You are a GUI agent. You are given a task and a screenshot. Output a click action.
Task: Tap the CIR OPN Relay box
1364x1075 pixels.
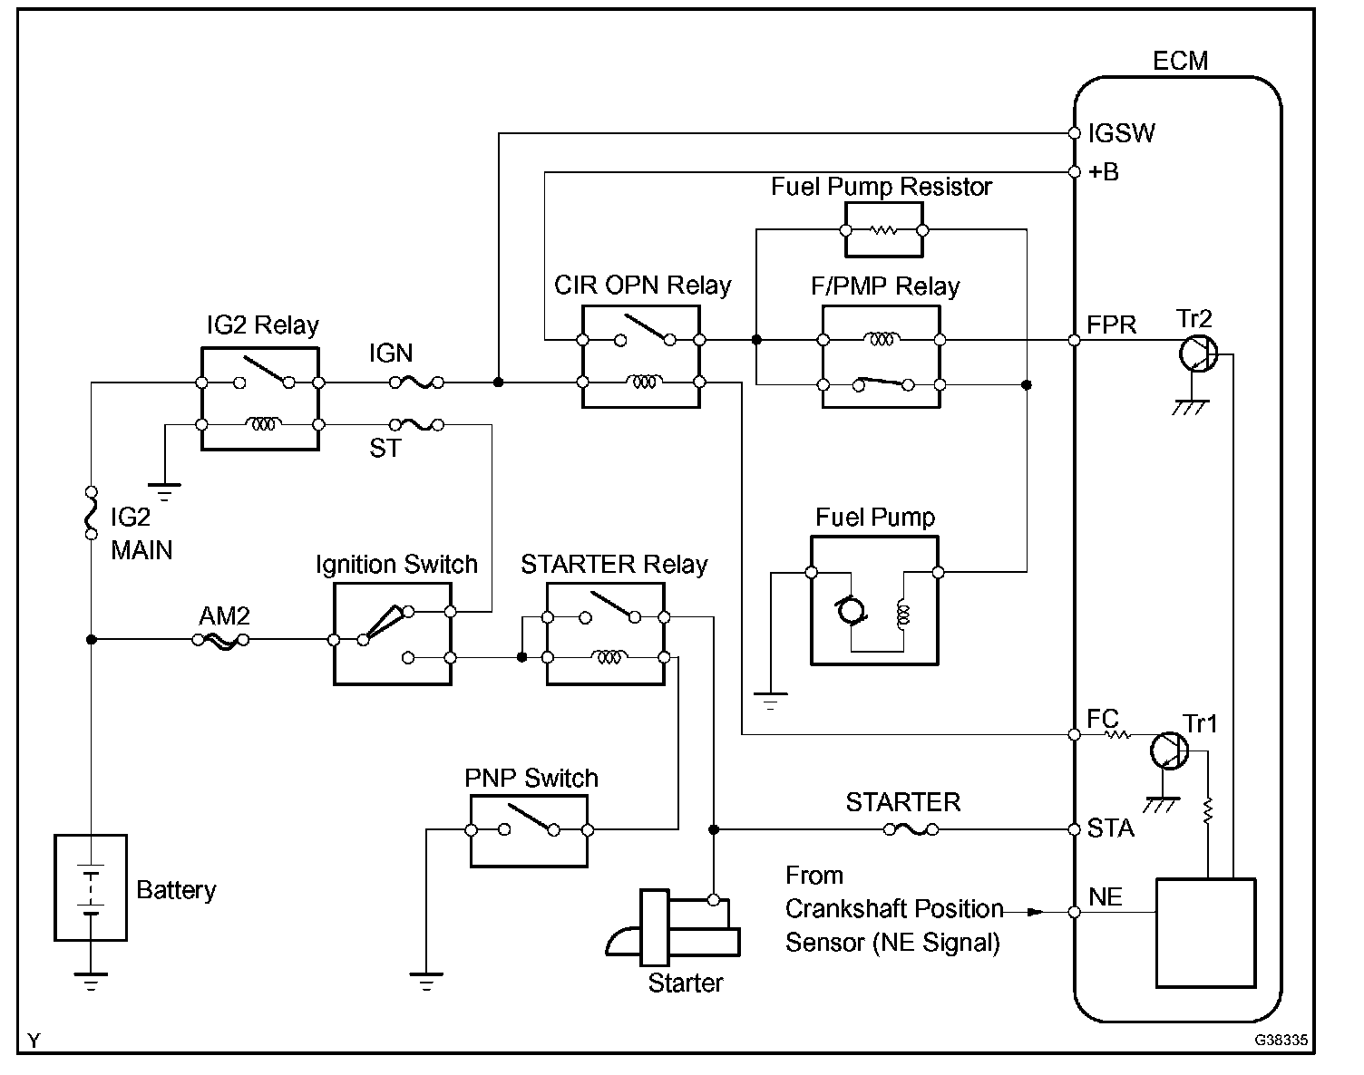pos(640,357)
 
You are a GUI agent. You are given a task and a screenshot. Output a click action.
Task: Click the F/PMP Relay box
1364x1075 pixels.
pos(881,357)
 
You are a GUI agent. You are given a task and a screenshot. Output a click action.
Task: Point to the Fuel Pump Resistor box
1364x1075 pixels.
pos(884,230)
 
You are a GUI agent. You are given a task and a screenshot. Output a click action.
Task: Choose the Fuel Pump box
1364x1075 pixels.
pos(874,599)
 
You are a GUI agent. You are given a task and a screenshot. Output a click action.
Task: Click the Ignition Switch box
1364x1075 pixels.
pos(393,634)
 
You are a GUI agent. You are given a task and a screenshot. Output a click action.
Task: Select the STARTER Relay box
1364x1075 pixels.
pos(606,634)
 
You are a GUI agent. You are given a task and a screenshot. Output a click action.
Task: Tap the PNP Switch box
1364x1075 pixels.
pos(529,830)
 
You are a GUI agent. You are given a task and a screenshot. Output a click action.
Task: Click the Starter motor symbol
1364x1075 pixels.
pos(675,928)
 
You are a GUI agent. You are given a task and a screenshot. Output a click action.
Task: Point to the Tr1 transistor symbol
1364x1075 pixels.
pos(1168,751)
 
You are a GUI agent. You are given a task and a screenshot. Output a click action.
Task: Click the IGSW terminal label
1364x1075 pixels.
pos(1122,134)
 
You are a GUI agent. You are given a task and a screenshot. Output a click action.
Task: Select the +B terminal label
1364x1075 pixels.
pos(1104,172)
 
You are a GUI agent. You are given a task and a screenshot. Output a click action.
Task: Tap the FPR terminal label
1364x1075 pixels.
pos(1111,325)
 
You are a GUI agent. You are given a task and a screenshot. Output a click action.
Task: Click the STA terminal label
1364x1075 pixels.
pos(1111,828)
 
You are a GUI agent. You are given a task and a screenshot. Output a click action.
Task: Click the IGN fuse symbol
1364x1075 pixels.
pos(417,383)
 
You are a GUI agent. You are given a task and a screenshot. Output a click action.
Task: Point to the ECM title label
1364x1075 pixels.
pos(1180,61)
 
